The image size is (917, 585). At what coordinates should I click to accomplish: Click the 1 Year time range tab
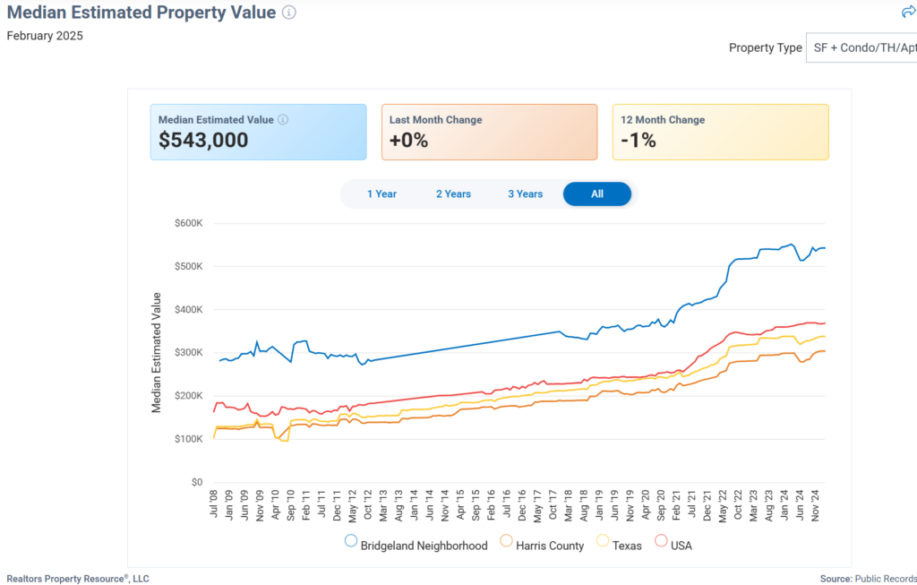tap(381, 194)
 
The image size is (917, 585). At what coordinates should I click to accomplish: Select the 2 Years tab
tap(453, 194)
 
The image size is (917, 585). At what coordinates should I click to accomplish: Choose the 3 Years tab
tap(526, 194)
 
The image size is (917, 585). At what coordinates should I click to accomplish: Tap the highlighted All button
tap(597, 194)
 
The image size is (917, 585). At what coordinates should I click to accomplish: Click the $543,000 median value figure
tap(203, 141)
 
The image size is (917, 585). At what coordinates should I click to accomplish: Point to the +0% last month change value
tap(409, 141)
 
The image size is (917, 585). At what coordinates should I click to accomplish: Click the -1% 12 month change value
tap(638, 141)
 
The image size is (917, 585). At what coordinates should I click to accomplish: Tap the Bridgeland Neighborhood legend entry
tap(416, 545)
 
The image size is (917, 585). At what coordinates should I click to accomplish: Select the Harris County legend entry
tap(543, 545)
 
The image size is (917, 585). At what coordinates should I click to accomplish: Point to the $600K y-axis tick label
tap(188, 223)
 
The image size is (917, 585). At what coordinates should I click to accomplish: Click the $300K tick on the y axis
tap(188, 353)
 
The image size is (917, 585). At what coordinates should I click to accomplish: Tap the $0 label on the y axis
tap(196, 482)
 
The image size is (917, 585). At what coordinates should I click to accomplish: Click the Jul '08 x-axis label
tap(215, 505)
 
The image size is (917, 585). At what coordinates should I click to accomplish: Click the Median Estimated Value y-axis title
tap(157, 352)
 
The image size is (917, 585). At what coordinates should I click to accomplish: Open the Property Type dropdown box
tap(861, 47)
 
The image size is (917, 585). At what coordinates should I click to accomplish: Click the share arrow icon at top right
tap(908, 13)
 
